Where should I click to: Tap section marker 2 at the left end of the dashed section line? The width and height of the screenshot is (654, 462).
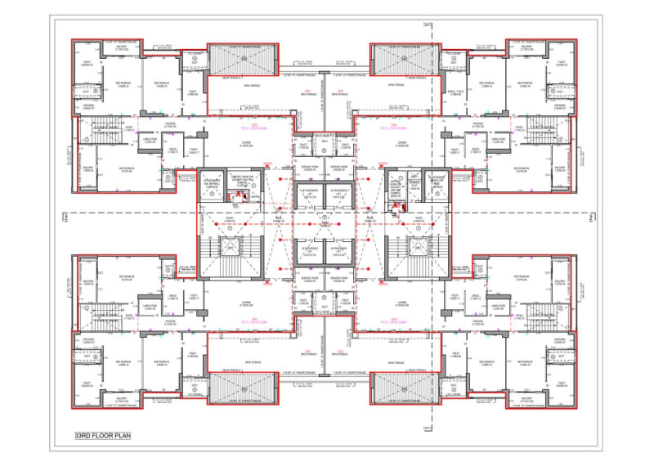[65, 217]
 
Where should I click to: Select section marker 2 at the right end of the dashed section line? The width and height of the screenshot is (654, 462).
[589, 217]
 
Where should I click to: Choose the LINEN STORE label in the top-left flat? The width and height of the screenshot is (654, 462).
[126, 140]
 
